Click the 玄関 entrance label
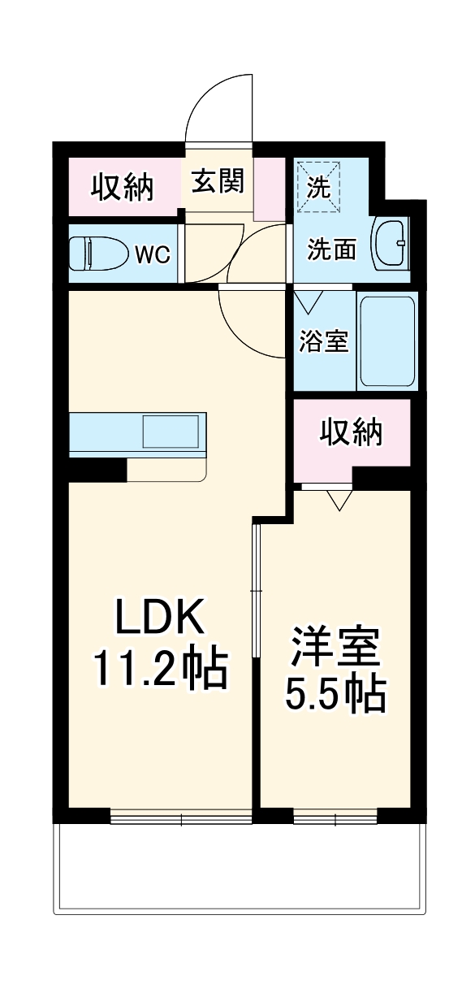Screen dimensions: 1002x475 click(x=218, y=182)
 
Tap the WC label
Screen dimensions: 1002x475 click(x=152, y=254)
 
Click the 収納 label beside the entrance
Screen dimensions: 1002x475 click(x=122, y=188)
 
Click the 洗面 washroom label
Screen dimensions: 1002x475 click(x=331, y=249)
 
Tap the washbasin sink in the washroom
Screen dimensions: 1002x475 click(x=391, y=243)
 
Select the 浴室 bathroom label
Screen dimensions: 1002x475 click(x=324, y=342)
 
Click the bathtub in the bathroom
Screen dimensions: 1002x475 click(x=387, y=341)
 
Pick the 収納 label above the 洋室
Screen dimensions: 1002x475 click(x=351, y=435)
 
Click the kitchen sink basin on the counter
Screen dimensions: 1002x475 click(x=171, y=431)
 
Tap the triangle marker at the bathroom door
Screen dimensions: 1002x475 click(x=308, y=304)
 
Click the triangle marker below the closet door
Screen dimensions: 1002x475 click(x=339, y=498)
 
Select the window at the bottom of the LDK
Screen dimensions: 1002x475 click(x=181, y=816)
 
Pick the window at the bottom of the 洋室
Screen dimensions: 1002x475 click(x=335, y=816)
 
